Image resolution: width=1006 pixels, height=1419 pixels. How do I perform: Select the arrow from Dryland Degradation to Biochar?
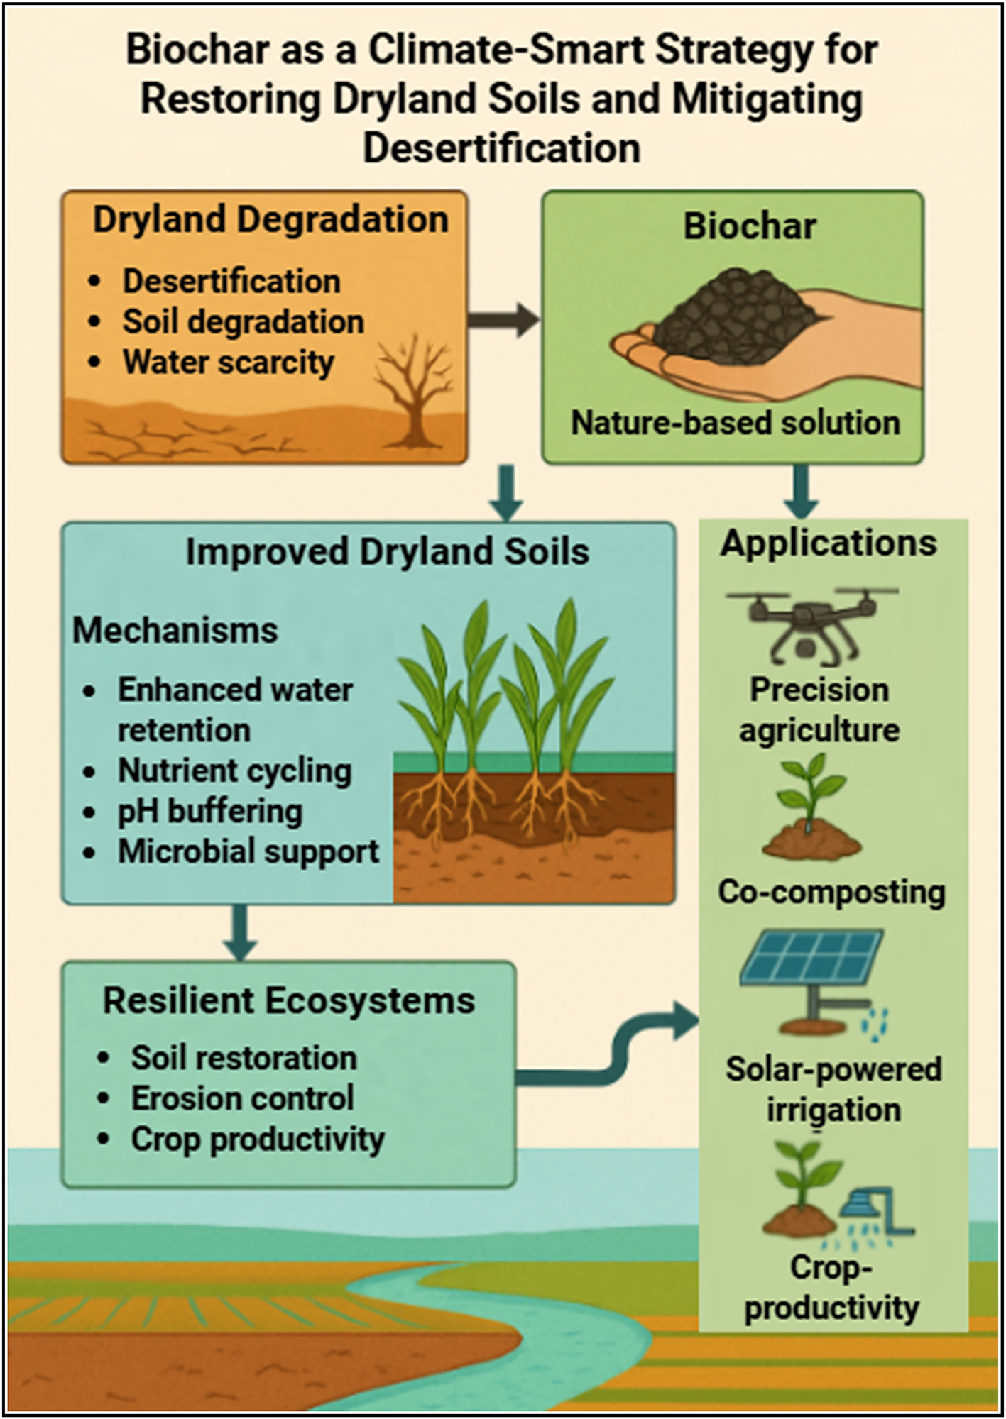503,320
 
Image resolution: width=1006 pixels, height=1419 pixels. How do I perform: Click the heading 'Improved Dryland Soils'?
387,552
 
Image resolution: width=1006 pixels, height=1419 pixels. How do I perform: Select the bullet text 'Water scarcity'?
228,362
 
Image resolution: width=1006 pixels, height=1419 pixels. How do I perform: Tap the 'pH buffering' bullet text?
210,811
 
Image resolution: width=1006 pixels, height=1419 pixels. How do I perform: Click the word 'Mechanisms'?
175,630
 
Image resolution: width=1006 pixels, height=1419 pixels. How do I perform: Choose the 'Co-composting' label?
831,892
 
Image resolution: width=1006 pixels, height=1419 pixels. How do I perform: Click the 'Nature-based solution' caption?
736,423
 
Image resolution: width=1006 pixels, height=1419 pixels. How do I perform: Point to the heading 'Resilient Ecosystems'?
289,1000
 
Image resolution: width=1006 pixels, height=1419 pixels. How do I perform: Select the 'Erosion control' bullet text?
242,1098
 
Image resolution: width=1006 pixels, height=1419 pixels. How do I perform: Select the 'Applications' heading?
829,543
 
